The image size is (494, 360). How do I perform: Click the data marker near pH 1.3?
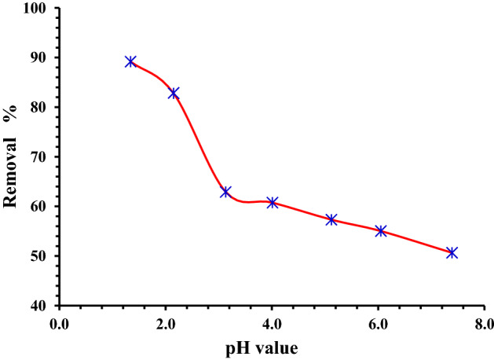point(130,61)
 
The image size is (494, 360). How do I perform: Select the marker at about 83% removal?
point(174,93)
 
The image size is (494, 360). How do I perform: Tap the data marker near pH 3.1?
point(225,192)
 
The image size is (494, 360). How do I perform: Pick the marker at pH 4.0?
point(273,202)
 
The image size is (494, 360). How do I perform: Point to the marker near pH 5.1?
point(331,219)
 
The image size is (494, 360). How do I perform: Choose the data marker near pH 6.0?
point(381,230)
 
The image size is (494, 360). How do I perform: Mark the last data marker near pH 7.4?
point(452,252)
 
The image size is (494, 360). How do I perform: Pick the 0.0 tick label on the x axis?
point(60,323)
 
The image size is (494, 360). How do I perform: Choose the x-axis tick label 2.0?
point(166,323)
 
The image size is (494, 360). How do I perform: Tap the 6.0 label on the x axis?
point(378,323)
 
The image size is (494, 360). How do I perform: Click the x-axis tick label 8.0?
point(484,323)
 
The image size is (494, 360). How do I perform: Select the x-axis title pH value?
point(273,347)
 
